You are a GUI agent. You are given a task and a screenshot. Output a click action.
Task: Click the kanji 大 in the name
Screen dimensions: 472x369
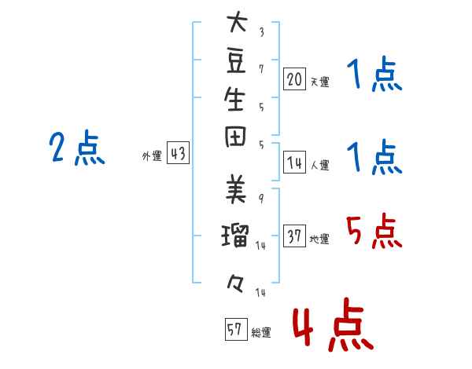[x=238, y=22]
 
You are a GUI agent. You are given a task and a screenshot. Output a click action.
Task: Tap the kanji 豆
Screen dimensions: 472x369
[x=236, y=61]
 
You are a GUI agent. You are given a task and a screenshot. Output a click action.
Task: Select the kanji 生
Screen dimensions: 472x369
[x=234, y=99]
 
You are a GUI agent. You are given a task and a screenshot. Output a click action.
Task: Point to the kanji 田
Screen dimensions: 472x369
[x=235, y=137]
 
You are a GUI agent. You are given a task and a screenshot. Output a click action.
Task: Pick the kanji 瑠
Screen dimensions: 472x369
[x=235, y=236]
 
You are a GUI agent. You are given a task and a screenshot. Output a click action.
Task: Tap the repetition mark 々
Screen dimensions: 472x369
[x=235, y=284]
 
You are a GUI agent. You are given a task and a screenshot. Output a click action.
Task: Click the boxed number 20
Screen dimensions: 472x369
[x=294, y=79]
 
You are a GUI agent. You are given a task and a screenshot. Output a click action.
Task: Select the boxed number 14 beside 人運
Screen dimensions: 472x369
[x=294, y=163]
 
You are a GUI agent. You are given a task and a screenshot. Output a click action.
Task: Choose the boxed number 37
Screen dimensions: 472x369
[x=294, y=236]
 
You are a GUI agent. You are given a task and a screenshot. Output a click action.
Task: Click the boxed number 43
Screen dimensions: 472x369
[x=178, y=152]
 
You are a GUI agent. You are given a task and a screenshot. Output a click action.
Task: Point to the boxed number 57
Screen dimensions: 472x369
[x=236, y=329]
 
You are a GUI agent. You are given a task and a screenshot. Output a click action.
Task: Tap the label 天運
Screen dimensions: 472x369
[x=320, y=82]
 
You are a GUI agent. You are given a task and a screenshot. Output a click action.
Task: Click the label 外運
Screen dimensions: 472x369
[x=152, y=156]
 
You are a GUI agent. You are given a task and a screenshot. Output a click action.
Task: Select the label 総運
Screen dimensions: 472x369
[x=261, y=333]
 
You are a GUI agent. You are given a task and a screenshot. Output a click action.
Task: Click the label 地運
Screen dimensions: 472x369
[x=319, y=239]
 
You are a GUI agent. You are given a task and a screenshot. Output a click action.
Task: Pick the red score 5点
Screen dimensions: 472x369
[x=374, y=231]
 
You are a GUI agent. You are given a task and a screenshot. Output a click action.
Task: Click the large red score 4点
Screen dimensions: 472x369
[x=334, y=324]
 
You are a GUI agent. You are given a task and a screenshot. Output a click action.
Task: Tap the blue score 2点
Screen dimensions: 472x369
[x=77, y=148]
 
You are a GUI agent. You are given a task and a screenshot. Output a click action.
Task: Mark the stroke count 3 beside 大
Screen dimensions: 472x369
[x=262, y=32]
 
